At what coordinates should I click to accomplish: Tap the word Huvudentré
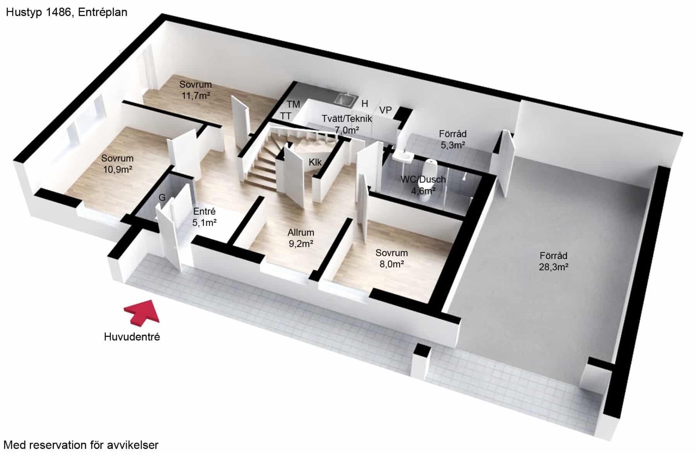coord(132,337)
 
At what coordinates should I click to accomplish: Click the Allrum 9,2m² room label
coord(301,238)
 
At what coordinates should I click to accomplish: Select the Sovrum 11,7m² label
coord(196,90)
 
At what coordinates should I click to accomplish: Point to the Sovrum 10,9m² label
coord(118,164)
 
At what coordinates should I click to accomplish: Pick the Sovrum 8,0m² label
coord(391,258)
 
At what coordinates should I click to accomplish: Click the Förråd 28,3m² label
coord(553,261)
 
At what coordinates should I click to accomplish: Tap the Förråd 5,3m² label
coord(452,139)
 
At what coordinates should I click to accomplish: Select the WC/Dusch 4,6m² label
coord(423,185)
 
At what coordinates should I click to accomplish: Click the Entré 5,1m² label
coord(204,217)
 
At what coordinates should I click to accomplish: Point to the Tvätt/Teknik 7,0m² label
coord(347,124)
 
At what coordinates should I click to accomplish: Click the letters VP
coord(386,110)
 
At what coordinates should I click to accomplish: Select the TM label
coord(293,104)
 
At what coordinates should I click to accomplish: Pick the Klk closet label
coord(315,162)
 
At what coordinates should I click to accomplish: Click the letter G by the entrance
coord(162,197)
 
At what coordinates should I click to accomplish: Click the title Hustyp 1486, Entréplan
coord(67,12)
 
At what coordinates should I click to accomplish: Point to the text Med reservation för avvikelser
coord(81,445)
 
